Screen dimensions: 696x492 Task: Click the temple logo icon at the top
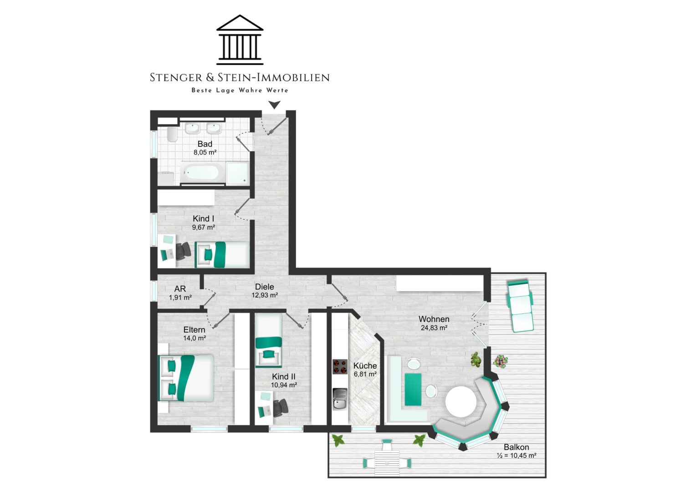[240, 40]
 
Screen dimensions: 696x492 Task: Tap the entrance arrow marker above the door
[274, 105]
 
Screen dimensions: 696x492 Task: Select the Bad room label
[205, 144]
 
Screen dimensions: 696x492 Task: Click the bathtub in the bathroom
[201, 173]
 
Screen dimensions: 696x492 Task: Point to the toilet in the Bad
[172, 134]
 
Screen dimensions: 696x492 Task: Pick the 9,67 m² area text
[204, 227]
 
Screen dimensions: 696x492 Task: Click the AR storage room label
[180, 289]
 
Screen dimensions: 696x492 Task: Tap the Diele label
[265, 287]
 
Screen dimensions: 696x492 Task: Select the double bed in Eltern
[186, 378]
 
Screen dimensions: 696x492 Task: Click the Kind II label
[284, 377]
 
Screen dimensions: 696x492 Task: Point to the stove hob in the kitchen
[340, 367]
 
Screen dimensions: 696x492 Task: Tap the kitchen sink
[340, 399]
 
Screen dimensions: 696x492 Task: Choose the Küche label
[365, 366]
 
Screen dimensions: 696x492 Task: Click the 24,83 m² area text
[434, 328]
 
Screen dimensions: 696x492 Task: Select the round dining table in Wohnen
[461, 402]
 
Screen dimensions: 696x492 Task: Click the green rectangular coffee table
[413, 389]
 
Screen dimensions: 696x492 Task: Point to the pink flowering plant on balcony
[500, 362]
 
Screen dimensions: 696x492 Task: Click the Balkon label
[517, 447]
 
